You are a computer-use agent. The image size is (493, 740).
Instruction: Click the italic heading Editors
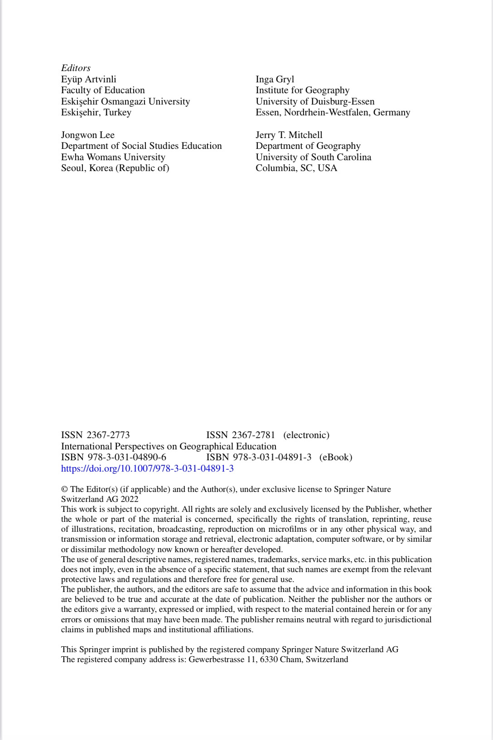[76, 68]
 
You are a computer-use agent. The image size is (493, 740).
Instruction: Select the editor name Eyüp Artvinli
[88, 79]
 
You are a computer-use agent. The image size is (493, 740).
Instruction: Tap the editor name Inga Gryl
[275, 79]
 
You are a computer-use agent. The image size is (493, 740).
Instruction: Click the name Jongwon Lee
[87, 135]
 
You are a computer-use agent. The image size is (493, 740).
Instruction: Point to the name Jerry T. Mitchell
[289, 135]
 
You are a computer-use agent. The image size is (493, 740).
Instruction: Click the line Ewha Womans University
[113, 157]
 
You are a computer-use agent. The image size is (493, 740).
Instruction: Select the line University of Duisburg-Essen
[315, 101]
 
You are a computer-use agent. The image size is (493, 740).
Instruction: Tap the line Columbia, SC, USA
[296, 168]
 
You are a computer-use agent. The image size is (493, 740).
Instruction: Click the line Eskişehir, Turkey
[96, 112]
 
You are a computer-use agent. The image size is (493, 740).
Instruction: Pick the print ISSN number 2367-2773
[108, 435]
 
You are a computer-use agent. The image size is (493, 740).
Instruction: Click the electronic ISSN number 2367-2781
[253, 435]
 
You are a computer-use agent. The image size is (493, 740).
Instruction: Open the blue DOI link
[147, 468]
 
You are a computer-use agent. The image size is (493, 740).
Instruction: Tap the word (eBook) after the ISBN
[335, 457]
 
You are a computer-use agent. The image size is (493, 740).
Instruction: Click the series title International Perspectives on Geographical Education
[169, 446]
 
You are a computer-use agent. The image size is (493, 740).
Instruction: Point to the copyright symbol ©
[64, 489]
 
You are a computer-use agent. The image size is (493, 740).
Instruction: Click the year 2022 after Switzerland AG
[129, 499]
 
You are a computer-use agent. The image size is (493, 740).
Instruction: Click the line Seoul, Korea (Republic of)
[115, 168]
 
